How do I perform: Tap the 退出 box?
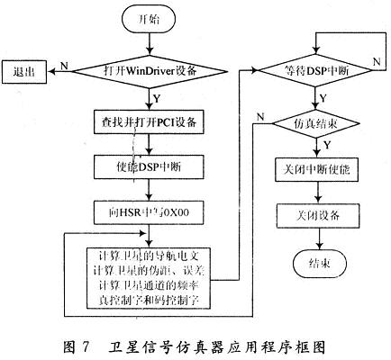click(26, 69)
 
